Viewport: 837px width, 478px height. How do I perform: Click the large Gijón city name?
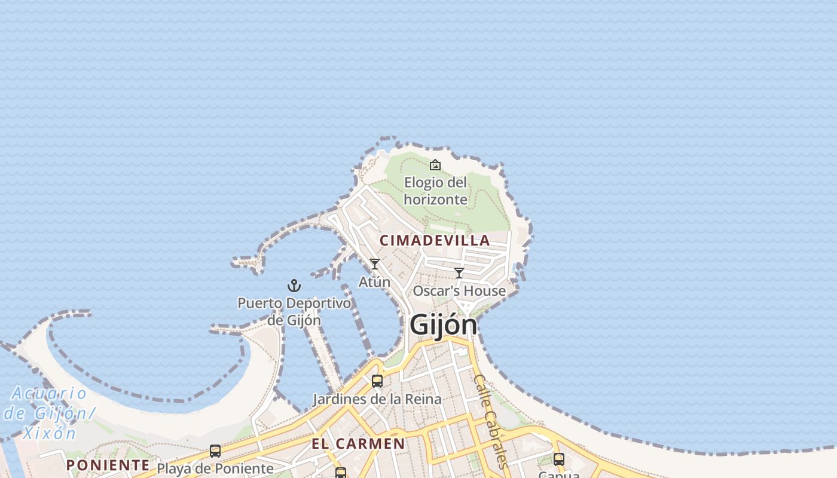443,326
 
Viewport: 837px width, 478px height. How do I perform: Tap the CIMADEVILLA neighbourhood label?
435,240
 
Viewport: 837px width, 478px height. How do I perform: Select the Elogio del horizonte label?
435,191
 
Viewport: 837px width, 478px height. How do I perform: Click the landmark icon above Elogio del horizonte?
435,165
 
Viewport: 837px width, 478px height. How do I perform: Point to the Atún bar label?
374,281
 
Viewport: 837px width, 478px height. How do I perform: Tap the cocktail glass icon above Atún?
375,264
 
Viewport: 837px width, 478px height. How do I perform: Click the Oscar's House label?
459,291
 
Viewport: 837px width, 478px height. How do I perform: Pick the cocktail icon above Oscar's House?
459,273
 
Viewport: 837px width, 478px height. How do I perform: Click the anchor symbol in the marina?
294,286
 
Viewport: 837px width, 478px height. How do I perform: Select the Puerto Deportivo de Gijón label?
294,311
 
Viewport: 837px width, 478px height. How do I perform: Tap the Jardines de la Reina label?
377,399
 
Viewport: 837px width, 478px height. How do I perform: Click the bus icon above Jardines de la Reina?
377,381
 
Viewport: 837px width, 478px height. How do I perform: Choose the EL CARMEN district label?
358,444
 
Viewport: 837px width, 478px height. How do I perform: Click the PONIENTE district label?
108,465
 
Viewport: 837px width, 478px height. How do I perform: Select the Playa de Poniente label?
215,468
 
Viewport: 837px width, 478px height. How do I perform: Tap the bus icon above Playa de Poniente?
215,451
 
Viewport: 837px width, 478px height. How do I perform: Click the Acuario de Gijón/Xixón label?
48,413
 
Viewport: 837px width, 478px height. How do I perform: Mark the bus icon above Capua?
559,459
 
